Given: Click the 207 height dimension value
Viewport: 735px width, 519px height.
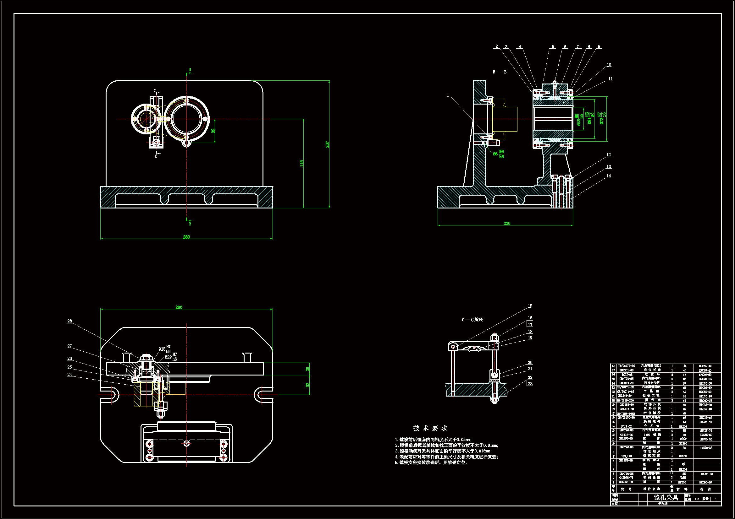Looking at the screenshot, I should (327, 144).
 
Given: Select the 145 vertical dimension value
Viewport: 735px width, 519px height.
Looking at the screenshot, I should (301, 163).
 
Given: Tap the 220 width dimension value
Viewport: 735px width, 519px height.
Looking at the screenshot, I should (507, 223).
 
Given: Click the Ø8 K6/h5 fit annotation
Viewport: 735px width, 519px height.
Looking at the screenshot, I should (498, 154).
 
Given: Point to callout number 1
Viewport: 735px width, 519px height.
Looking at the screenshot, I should (448, 95).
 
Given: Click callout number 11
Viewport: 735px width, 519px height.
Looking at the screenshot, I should (610, 79).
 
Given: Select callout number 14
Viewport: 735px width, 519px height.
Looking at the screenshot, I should (608, 176).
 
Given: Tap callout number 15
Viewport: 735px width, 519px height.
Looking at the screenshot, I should (530, 306).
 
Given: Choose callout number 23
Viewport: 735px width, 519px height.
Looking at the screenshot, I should (530, 384).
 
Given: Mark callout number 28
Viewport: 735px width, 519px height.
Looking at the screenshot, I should (69, 321).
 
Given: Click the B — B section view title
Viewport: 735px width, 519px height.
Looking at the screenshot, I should (500, 72).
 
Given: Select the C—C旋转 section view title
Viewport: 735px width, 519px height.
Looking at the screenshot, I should (472, 320).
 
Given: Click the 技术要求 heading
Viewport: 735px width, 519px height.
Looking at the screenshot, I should (430, 428).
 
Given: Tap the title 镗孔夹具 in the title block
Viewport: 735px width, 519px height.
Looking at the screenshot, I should (666, 497).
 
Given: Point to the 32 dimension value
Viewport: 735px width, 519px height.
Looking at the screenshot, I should (308, 385).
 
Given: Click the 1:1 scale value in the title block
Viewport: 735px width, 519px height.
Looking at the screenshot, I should (697, 499).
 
